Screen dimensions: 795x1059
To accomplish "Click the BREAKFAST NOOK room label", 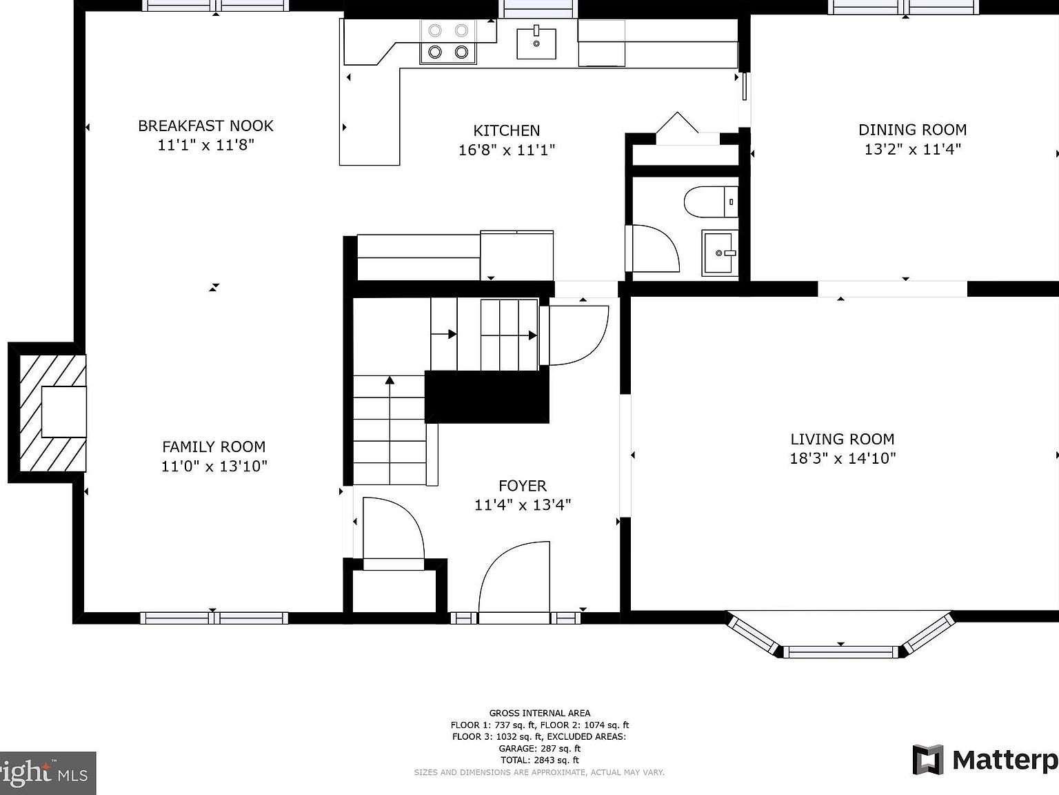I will tap(205, 126).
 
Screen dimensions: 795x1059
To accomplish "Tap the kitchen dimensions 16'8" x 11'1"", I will tap(507, 150).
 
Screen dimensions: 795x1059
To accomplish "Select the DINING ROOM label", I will tap(912, 130).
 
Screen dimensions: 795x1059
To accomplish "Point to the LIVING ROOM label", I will tap(842, 439).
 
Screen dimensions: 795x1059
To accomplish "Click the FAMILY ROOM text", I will tap(214, 447).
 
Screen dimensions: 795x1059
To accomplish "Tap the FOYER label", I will tap(523, 486).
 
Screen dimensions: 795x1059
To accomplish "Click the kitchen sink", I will tap(536, 43).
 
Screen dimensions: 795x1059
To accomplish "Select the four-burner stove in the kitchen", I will tap(448, 41).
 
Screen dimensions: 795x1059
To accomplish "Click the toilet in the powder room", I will tap(710, 202).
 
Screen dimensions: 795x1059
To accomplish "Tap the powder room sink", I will tap(720, 253).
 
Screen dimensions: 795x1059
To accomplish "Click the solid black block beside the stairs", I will tap(487, 397).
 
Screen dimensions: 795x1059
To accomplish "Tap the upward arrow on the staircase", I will tap(390, 380).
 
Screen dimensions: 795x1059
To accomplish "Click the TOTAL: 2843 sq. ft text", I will tap(540, 760).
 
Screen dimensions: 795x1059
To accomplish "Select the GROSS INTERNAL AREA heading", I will tap(540, 713).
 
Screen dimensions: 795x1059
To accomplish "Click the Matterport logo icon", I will tap(928, 760).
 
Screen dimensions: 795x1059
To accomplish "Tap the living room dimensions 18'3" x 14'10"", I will tap(842, 458).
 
